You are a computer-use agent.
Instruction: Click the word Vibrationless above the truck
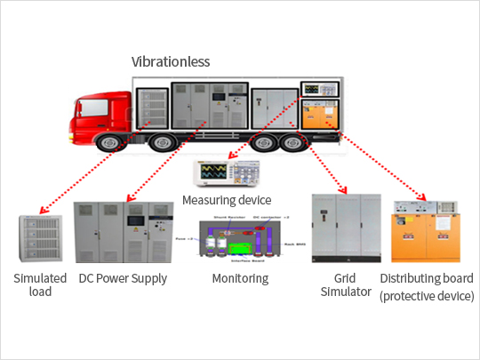(172, 62)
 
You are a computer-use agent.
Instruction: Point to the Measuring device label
(226, 200)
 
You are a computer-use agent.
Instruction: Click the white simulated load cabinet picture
(41, 238)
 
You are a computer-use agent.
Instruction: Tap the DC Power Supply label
(123, 279)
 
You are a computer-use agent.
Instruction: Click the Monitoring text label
(241, 279)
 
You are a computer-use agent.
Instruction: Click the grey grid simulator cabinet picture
(344, 228)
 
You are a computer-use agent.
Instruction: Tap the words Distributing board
(427, 279)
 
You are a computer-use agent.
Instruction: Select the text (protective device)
(427, 295)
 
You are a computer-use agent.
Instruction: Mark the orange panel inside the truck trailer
(318, 114)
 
